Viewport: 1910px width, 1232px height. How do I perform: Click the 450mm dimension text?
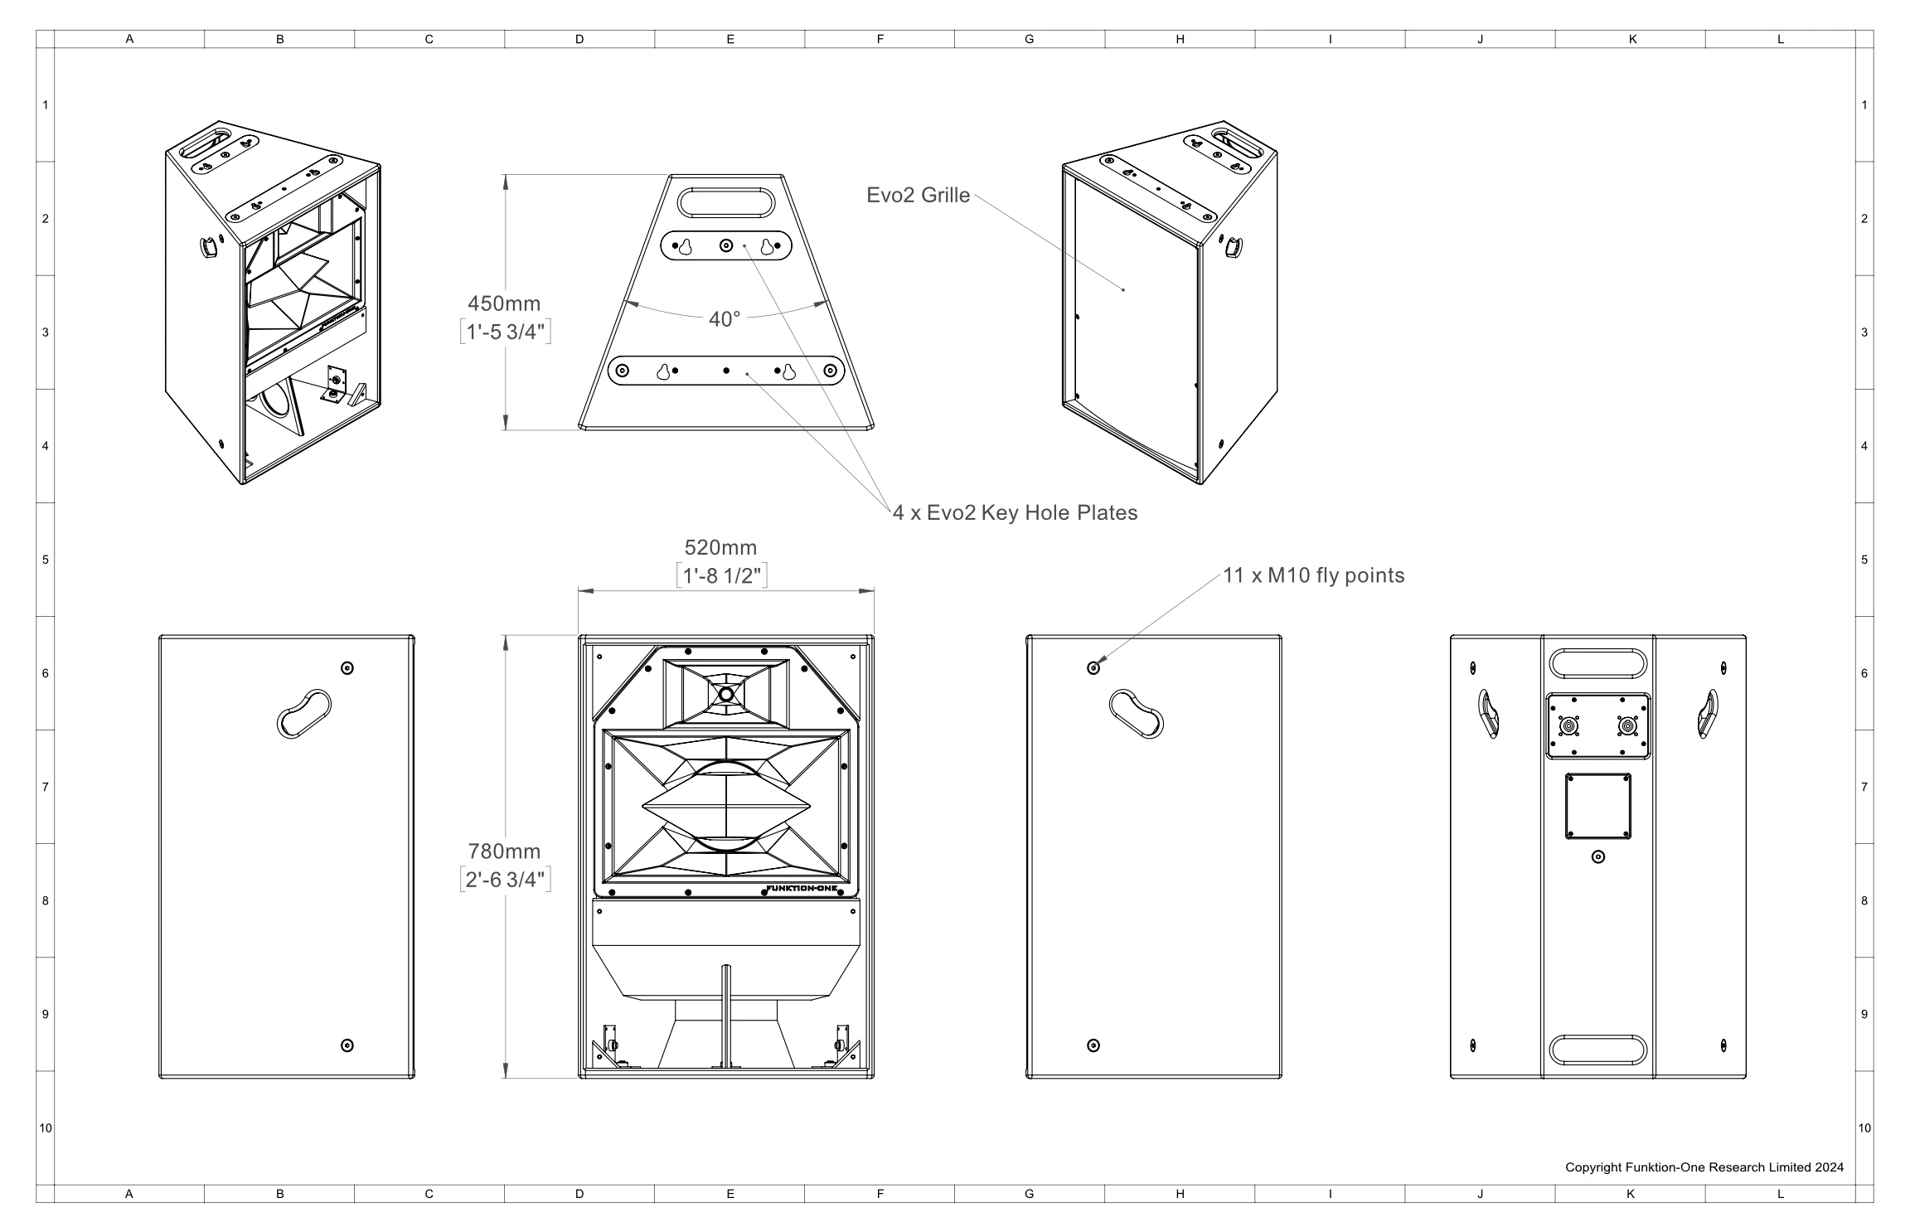click(x=504, y=303)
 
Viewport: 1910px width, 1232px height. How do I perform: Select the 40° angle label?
click(x=724, y=319)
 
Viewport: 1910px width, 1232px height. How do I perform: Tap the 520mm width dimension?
click(x=720, y=547)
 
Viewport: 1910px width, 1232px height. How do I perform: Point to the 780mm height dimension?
click(x=504, y=851)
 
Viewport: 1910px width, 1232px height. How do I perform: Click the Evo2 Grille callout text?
click(x=918, y=195)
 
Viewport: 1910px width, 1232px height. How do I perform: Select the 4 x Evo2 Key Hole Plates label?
click(x=1015, y=512)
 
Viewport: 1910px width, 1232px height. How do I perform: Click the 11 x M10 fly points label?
click(x=1314, y=575)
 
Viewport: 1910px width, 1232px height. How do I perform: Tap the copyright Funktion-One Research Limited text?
click(x=1704, y=1167)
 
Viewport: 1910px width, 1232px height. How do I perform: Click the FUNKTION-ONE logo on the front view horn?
click(x=809, y=889)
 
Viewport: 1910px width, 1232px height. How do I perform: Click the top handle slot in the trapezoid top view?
click(x=725, y=202)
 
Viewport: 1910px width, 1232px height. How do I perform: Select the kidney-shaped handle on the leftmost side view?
click(x=303, y=713)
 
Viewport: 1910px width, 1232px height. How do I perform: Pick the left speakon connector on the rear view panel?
click(x=1568, y=727)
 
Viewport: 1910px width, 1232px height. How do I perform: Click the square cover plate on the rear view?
click(x=1597, y=806)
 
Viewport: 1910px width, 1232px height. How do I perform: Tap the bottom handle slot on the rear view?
click(x=1597, y=1050)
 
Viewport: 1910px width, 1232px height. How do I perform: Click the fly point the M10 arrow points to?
click(x=1093, y=668)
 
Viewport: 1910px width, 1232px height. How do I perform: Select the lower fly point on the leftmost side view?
click(x=347, y=1045)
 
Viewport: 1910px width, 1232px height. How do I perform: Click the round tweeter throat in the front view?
click(x=725, y=695)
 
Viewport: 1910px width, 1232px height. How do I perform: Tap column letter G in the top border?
click(x=1029, y=39)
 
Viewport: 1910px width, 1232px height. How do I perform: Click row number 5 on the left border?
click(x=45, y=560)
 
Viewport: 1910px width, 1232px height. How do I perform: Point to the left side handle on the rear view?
click(x=1489, y=713)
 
